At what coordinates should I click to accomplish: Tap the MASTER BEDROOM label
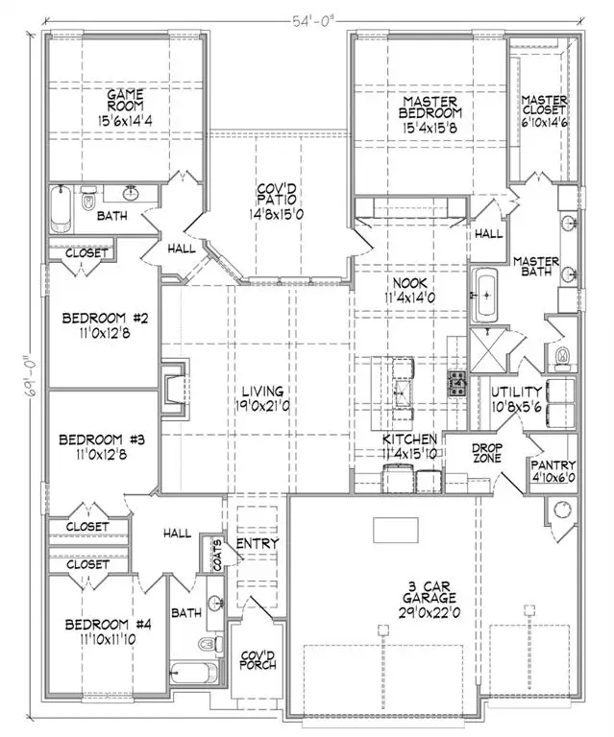tap(416, 108)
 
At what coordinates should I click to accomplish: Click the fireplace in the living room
tap(173, 389)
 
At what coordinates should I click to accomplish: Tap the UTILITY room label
tap(517, 392)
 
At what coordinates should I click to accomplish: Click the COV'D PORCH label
tap(255, 663)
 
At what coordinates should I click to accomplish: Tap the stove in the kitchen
tap(456, 382)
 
